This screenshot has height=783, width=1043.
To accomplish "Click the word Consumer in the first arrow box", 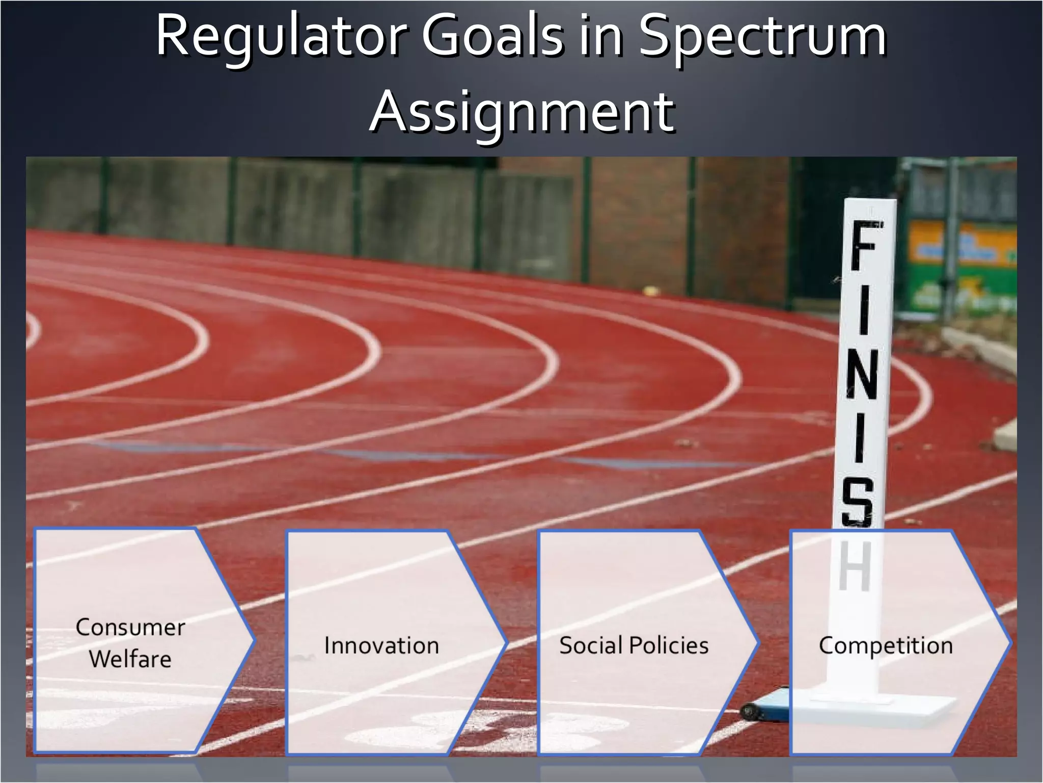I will [x=130, y=628].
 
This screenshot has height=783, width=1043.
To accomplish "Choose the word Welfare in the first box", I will [x=130, y=659].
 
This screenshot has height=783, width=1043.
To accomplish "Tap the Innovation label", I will [x=381, y=645].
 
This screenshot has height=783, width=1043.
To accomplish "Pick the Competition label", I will [x=886, y=645].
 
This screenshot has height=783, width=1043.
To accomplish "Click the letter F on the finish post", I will [x=864, y=247].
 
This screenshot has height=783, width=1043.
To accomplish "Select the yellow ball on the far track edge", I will [x=650, y=292].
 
